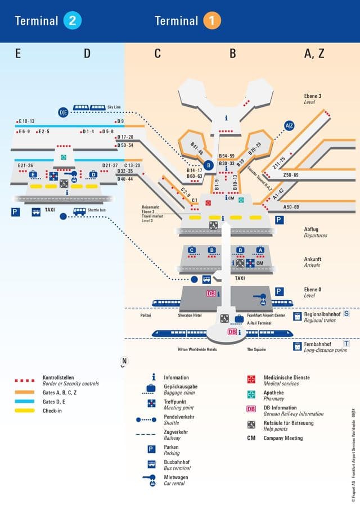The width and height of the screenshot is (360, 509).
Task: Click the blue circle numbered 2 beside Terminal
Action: coord(73,21)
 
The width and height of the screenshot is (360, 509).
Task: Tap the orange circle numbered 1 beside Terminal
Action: coord(212,21)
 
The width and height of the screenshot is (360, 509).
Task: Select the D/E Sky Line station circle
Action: coord(63,112)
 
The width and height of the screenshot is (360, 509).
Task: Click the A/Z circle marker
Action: coord(289,125)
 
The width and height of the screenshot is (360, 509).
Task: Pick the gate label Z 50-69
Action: coord(291,175)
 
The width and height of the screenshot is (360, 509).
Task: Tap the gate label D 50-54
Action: coord(125,146)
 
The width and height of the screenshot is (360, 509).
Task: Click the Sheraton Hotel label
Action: coord(190,316)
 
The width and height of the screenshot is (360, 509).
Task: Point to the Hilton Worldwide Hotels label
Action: coord(197,349)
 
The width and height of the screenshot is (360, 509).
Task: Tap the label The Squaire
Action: coord(256,349)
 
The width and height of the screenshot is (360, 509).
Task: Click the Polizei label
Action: coord(146,316)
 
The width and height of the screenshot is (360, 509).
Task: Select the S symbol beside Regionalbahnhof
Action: coord(346,314)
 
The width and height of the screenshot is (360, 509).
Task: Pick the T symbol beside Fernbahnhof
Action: coord(346,343)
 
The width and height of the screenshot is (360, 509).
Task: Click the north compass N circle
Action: coord(124,361)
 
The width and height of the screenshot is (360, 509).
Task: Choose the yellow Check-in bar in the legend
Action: coord(25,411)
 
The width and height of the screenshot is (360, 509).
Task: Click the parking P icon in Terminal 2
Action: coord(15,212)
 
